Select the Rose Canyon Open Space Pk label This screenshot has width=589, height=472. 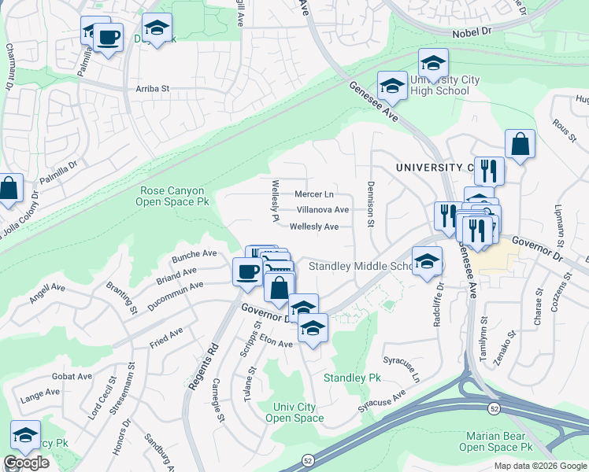172,196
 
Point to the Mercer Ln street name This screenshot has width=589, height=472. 314,194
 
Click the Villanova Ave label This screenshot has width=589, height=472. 322,210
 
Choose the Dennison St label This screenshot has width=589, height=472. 369,204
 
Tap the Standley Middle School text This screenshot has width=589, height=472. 359,266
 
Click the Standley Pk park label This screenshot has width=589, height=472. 352,378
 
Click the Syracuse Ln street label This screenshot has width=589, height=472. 415,366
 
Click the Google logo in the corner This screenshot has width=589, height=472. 26,463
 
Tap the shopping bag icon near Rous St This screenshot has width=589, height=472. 520,144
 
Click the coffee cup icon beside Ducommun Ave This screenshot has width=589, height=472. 247,271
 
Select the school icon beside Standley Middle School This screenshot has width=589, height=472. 427,262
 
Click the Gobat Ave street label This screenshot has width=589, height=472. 72,377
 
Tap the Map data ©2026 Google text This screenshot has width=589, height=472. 539,466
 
